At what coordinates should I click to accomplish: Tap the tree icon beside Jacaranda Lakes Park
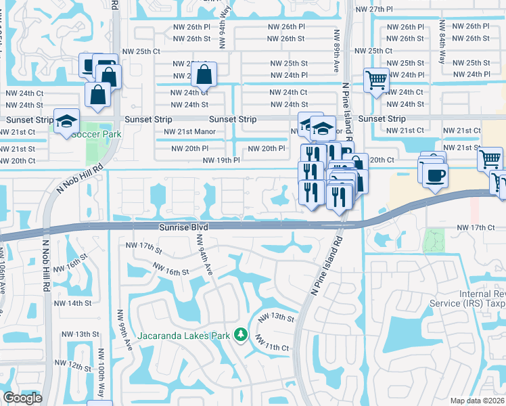[x=239, y=334]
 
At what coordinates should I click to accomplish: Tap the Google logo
[x=22, y=399]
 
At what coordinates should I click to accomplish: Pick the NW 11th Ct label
[x=273, y=347]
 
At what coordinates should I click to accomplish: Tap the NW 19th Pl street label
[x=221, y=160]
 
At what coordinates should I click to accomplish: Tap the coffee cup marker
[x=435, y=175]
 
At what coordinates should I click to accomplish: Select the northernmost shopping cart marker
[x=377, y=81]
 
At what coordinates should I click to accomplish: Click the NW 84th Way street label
[x=442, y=50]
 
